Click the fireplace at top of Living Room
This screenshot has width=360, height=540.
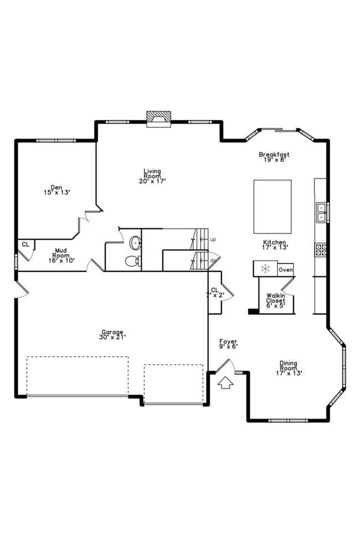pos(158,118)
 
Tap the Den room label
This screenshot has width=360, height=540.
pos(56,190)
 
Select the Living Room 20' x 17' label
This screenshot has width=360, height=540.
pos(152,176)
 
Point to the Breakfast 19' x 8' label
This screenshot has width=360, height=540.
pos(274,157)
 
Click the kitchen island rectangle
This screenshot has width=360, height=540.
pos(272,207)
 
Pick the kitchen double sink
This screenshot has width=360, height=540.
pos(321,212)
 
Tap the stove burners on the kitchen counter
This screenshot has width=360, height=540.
pos(321,249)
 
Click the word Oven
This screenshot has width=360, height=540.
pos(285,270)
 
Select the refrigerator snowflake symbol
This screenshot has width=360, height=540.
pos(265,269)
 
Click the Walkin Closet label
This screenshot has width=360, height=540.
pos(275,300)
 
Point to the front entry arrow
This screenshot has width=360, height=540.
pos(225,383)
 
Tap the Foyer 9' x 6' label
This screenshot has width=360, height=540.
pos(228,343)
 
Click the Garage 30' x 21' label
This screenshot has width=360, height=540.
pos(112,334)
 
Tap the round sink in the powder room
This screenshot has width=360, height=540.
pos(135,242)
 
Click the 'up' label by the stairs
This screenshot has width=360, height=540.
pos(213,239)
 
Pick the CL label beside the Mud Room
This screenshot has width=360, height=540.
pos(25,244)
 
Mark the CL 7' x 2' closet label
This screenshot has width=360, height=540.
pos(215,292)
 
